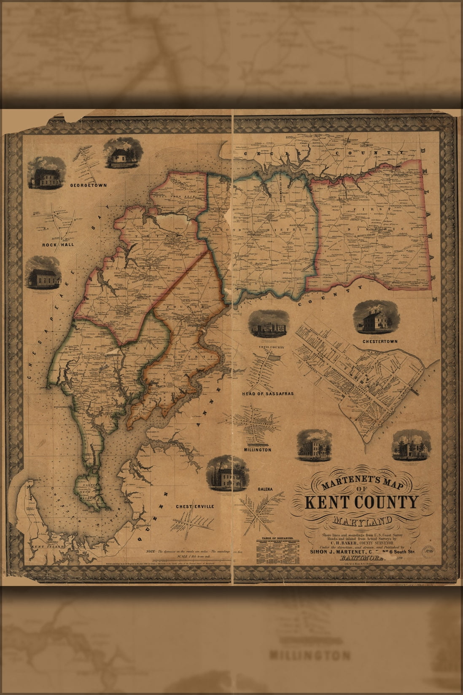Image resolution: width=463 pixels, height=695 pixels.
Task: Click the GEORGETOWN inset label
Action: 88,185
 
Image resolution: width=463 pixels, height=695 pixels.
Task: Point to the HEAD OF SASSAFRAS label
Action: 268,394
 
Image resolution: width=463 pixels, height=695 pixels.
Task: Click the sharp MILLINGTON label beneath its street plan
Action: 257,450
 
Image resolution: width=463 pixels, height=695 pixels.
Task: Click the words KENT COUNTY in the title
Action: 361,502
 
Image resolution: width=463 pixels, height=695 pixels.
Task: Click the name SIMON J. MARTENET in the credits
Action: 337,551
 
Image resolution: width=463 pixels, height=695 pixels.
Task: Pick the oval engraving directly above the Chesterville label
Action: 226,474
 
